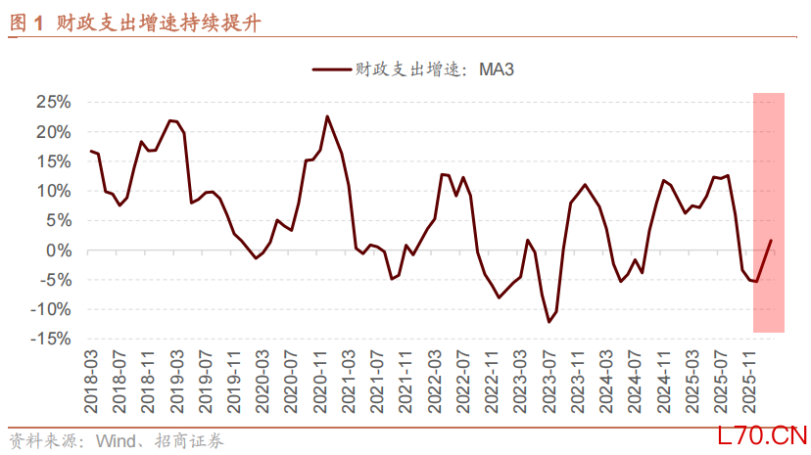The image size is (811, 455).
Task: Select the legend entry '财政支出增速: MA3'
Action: [412, 69]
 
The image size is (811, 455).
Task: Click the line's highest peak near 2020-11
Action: [327, 116]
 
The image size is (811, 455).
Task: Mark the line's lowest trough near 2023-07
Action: [549, 322]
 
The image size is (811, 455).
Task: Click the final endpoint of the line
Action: [771, 240]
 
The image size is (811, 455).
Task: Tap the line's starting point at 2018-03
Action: [91, 151]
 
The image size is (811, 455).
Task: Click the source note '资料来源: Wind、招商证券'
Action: [118, 440]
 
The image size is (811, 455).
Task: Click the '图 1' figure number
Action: [26, 22]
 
